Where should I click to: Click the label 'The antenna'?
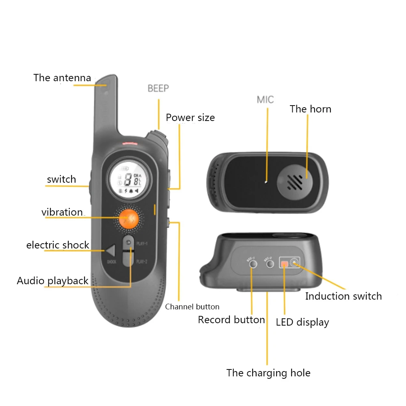[62, 78]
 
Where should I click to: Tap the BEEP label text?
[158, 88]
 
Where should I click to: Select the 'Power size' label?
[190, 118]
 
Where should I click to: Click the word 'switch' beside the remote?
[61, 179]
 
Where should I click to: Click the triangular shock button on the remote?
[110, 251]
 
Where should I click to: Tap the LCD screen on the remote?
[129, 179]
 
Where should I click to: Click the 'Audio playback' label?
[52, 281]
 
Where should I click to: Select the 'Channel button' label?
[192, 307]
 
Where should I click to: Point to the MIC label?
[265, 100]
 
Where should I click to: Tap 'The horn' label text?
[310, 109]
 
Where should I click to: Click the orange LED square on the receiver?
[285, 264]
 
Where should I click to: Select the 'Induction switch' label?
[343, 296]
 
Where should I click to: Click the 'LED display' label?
[302, 322]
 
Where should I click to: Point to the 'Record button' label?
[231, 320]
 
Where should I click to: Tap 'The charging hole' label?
[268, 373]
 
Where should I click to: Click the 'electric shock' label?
[58, 245]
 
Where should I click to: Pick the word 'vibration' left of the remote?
[62, 212]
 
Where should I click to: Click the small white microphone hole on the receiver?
[265, 182]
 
